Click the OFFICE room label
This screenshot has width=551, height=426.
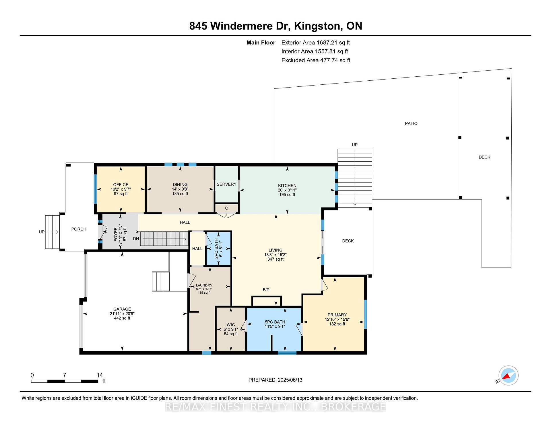(121, 185)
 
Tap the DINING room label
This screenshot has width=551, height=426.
(180, 185)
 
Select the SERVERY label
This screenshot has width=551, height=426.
(226, 184)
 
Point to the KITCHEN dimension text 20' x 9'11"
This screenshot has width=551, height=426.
(287, 190)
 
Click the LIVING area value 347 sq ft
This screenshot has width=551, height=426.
(275, 259)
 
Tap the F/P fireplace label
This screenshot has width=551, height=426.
(266, 290)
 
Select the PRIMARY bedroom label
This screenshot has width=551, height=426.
(337, 315)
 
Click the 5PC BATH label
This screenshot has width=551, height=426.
(275, 322)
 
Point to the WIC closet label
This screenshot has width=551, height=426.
(231, 325)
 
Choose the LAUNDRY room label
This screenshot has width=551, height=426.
(204, 285)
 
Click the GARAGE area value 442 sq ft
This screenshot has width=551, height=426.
(122, 318)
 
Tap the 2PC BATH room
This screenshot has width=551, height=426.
(219, 249)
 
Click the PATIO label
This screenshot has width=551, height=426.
(411, 123)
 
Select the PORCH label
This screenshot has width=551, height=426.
(79, 229)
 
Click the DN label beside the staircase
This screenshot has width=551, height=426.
(136, 239)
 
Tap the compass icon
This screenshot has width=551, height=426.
(509, 375)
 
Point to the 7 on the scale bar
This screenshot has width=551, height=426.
(65, 375)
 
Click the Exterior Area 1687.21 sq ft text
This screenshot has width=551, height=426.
(316, 43)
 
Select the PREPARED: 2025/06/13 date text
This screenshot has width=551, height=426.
(275, 380)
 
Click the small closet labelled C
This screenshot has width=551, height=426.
(226, 208)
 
